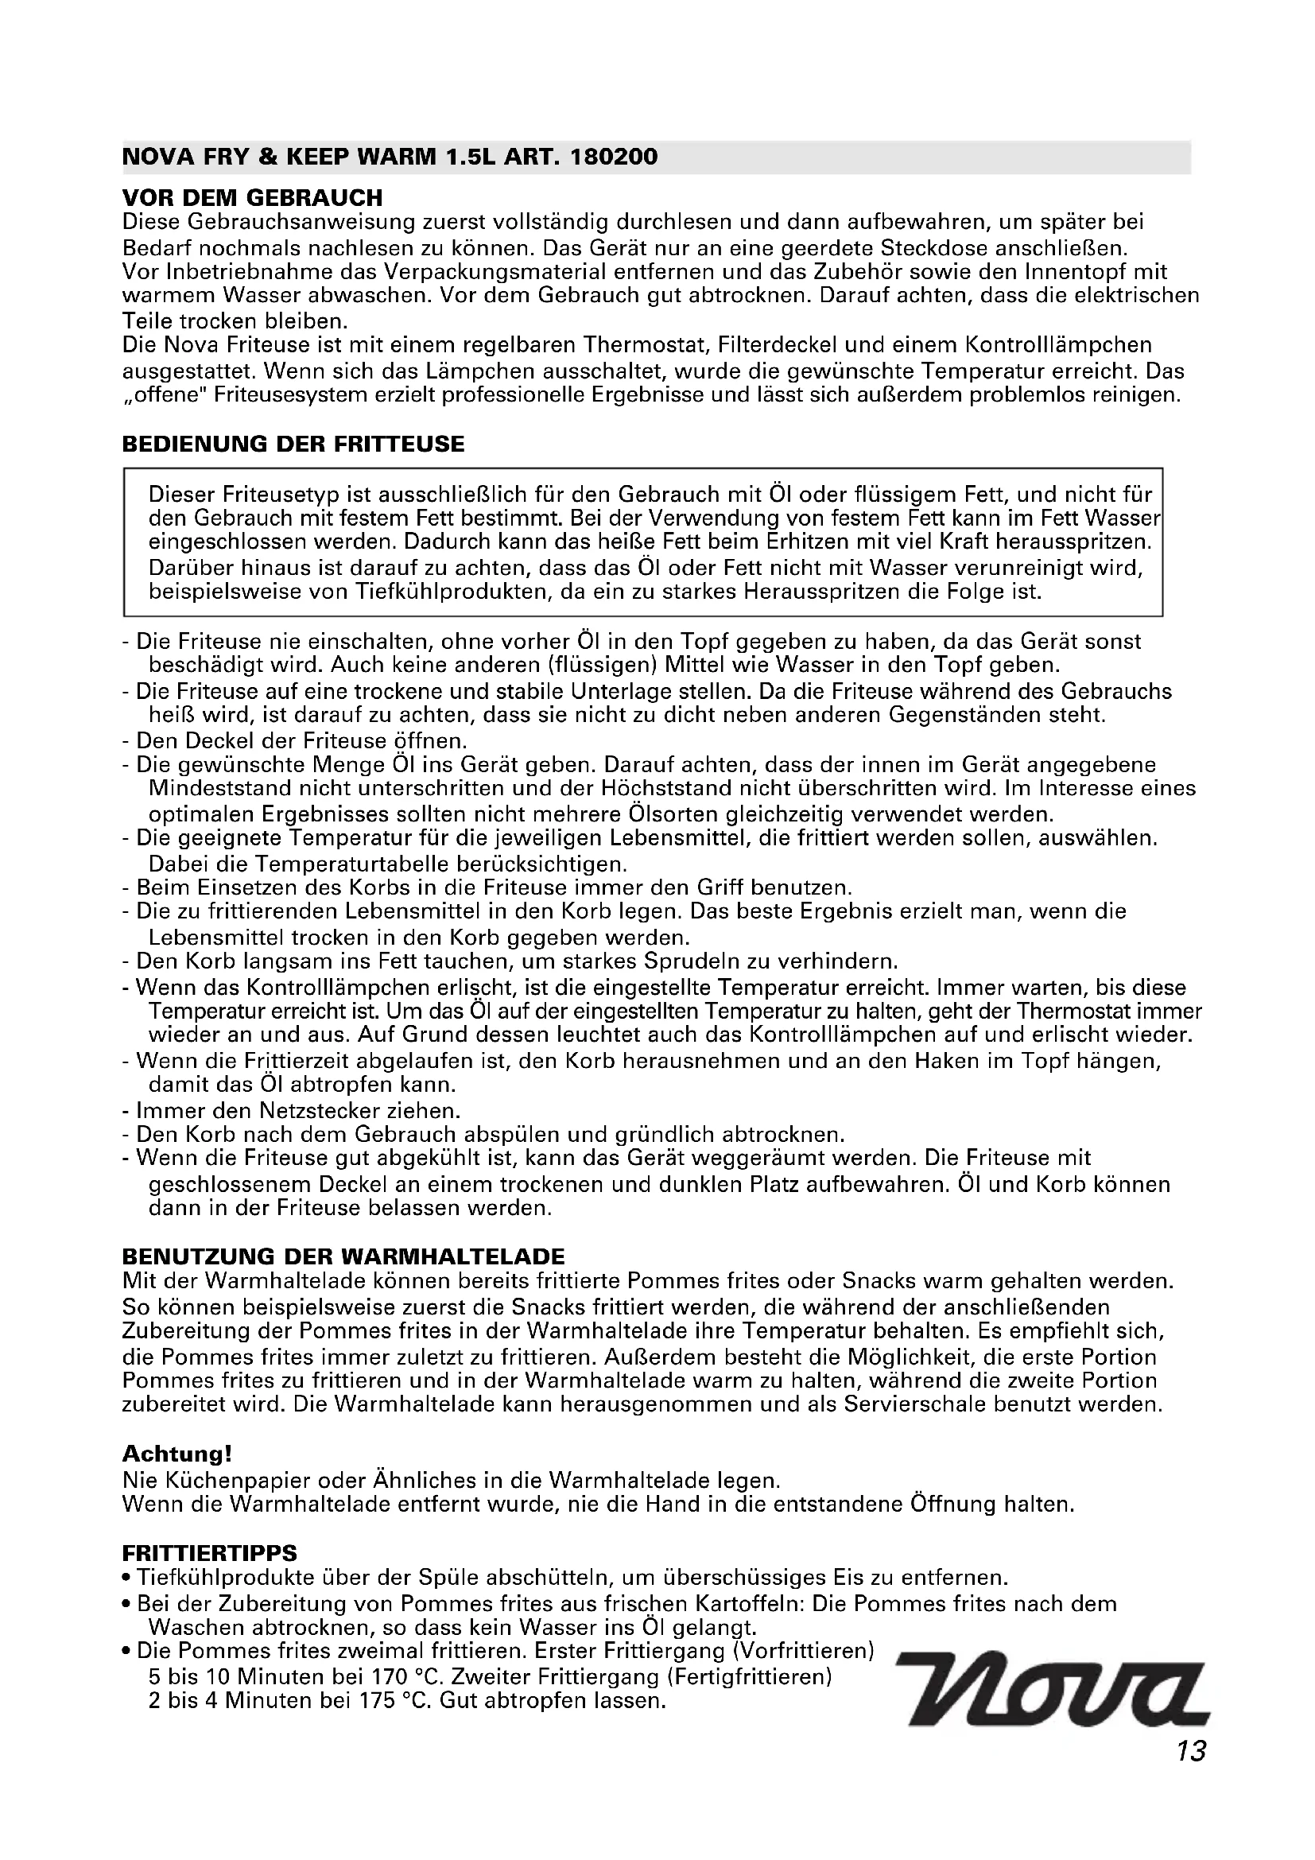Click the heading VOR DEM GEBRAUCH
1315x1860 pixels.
pyautogui.click(x=252, y=198)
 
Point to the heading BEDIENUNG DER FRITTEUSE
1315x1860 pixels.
pyautogui.click(x=293, y=444)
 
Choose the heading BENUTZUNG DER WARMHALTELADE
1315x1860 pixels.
pyautogui.click(x=343, y=1256)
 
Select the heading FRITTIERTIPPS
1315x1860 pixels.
pyautogui.click(x=210, y=1553)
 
